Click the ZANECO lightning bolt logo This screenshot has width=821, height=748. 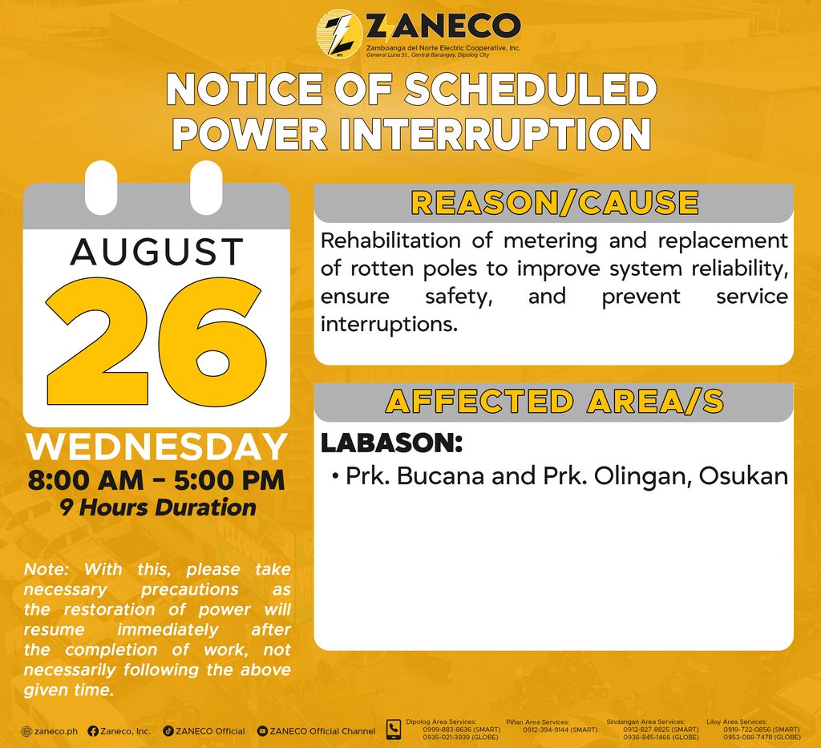tap(339, 33)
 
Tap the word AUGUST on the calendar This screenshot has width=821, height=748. tap(157, 252)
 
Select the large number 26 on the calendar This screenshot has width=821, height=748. tap(156, 342)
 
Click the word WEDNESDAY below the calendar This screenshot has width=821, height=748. tap(156, 447)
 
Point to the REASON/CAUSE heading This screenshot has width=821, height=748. tap(555, 203)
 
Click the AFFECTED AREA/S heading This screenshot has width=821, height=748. tap(555, 402)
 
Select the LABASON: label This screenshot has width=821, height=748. tap(391, 443)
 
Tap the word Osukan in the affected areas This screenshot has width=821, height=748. tap(743, 476)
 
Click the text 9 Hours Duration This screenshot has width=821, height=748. tap(158, 507)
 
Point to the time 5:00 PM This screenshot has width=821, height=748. tap(229, 480)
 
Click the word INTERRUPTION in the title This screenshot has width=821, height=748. tap(495, 134)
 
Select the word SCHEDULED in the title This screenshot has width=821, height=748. tap(531, 88)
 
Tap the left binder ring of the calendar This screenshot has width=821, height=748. tap(101, 188)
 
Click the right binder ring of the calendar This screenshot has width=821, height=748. tap(206, 188)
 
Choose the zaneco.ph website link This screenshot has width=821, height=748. tap(49, 731)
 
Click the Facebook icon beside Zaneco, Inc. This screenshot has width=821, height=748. tap(93, 731)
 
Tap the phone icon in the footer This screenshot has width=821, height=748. tap(393, 730)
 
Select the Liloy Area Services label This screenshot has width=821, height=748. tap(737, 722)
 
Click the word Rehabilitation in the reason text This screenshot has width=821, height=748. tap(390, 241)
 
